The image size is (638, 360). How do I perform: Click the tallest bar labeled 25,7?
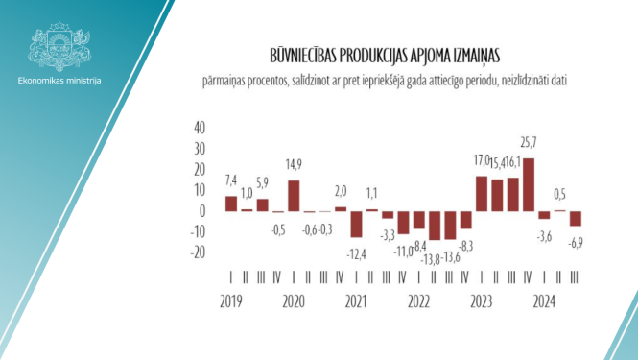[529, 184]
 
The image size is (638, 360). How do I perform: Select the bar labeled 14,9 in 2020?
[294, 196]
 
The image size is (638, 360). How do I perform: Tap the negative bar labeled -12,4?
[356, 224]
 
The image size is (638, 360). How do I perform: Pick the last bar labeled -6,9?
[576, 219]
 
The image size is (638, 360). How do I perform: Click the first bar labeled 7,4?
[231, 204]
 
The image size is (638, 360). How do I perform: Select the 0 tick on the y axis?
[202, 211]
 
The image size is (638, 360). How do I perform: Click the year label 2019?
[230, 300]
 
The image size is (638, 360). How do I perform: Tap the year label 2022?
[418, 300]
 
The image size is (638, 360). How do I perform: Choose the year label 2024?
[544, 300]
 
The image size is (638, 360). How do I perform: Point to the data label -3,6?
[544, 235]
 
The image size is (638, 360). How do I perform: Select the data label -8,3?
[466, 245]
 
